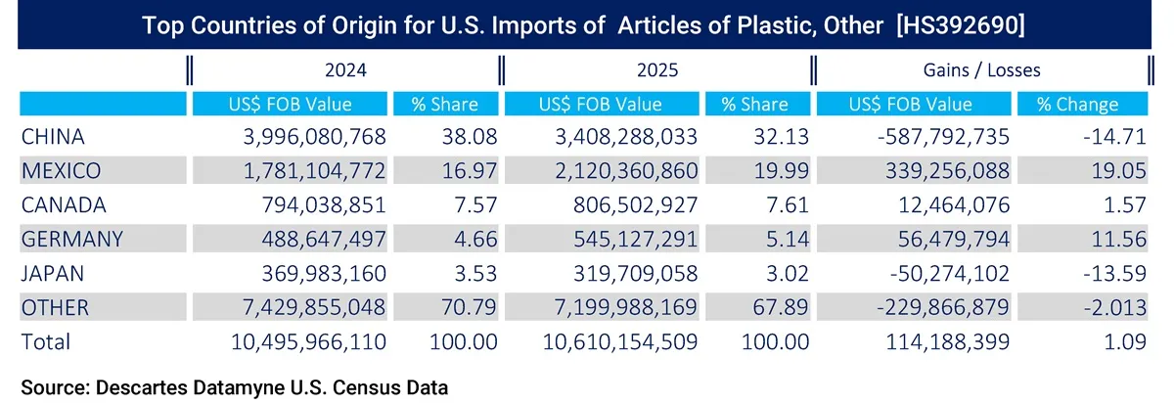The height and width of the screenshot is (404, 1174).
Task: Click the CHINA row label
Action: click(53, 137)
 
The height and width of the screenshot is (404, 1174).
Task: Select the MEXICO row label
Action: click(61, 171)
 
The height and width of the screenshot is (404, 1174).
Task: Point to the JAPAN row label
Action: click(52, 274)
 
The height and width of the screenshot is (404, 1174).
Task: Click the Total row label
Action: click(45, 342)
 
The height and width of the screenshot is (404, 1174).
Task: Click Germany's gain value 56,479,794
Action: click(946, 240)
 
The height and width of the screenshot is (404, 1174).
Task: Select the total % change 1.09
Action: click(1127, 342)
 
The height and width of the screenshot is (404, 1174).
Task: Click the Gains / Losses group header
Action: click(981, 70)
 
